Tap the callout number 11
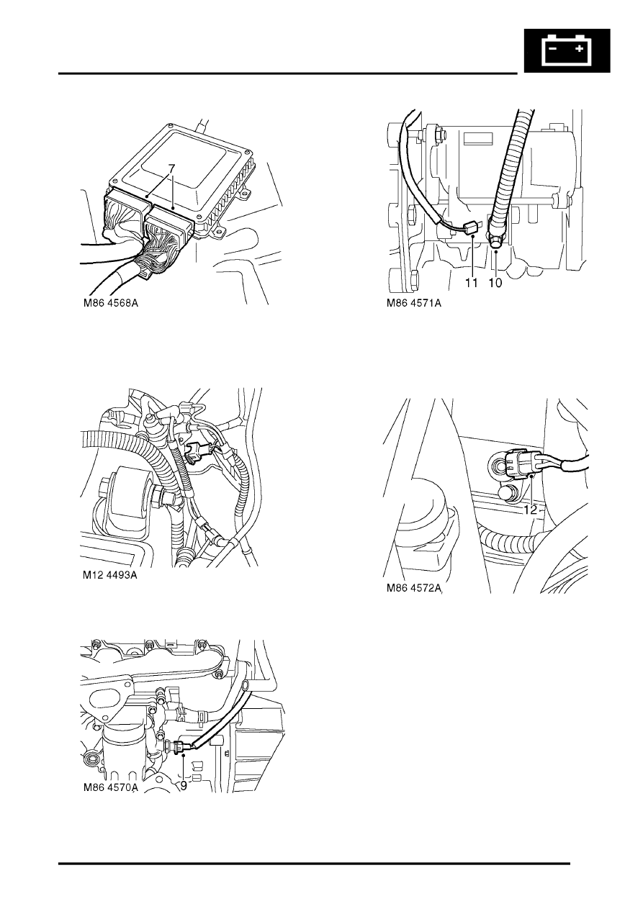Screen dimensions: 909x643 471,284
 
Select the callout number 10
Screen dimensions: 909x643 496,284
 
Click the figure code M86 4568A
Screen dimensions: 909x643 111,304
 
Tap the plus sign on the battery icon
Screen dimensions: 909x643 579,49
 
